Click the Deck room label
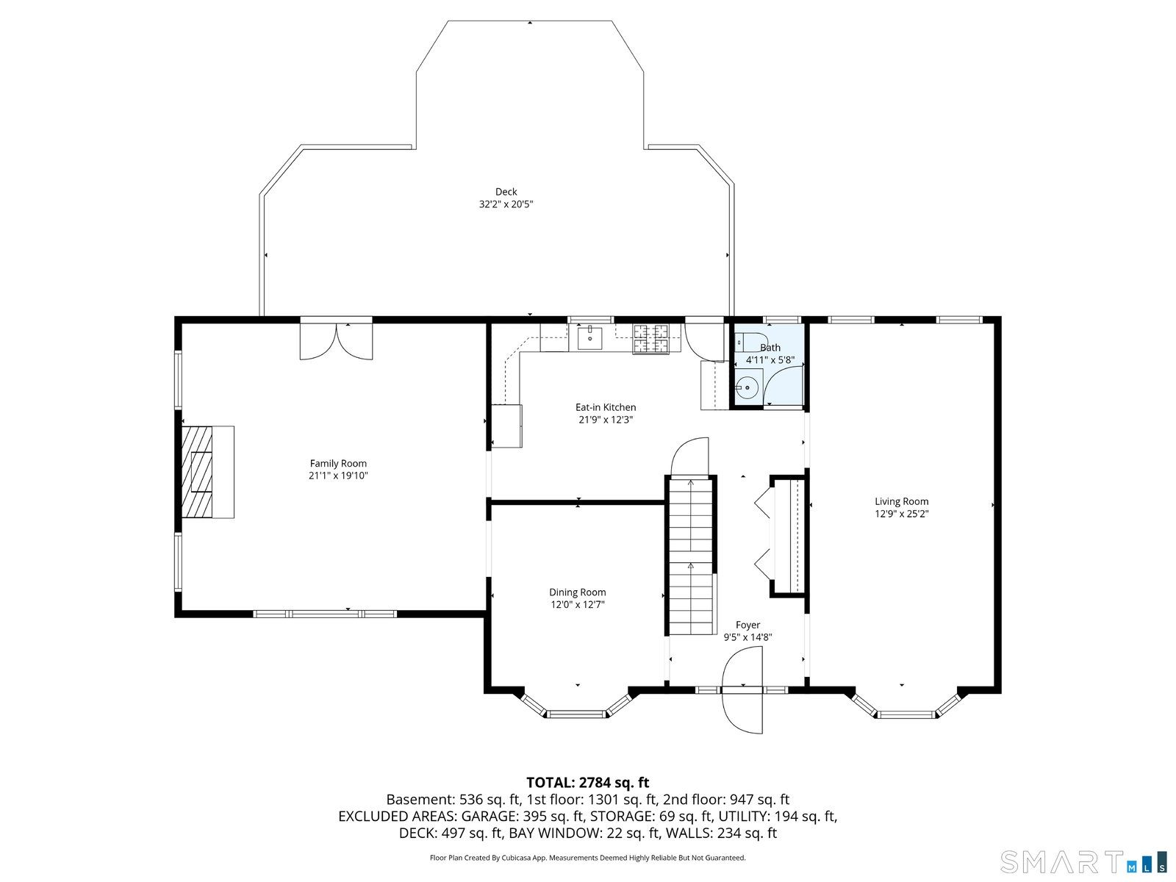point(506,192)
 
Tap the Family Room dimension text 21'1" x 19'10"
point(338,476)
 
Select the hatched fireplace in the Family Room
point(197,472)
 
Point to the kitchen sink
point(589,337)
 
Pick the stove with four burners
point(651,340)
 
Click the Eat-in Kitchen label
point(606,407)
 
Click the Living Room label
point(902,502)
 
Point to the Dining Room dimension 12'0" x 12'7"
point(578,605)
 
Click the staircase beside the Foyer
point(691,556)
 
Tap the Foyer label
point(748,625)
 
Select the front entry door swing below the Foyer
point(742,690)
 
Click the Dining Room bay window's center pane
point(576,714)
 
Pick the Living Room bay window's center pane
point(906,714)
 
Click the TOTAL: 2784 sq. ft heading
point(588,783)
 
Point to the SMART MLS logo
point(1082,861)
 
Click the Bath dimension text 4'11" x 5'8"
point(770,360)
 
